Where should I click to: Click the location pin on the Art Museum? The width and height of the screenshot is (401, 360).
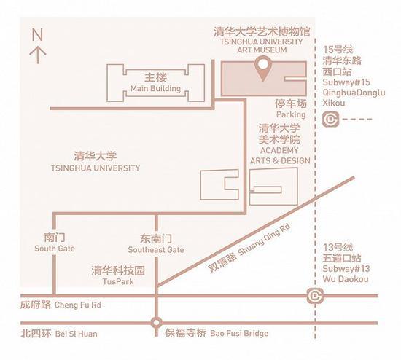click(263, 67)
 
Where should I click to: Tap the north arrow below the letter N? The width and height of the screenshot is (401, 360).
click(38, 55)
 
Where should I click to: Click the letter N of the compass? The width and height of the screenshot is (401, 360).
click(37, 34)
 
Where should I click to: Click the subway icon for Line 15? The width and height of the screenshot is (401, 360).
click(330, 119)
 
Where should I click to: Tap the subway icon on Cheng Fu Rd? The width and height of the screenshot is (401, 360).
click(315, 296)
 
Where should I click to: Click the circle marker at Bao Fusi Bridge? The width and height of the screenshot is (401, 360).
click(156, 323)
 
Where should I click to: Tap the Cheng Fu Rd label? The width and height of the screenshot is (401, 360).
click(78, 305)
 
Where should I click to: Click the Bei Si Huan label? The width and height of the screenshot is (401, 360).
click(77, 334)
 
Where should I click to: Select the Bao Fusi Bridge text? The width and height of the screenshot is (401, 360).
click(239, 334)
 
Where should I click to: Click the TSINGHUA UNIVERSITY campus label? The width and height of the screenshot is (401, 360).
click(96, 168)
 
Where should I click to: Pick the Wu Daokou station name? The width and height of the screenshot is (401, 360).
click(346, 279)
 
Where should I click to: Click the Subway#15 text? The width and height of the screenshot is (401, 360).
click(346, 82)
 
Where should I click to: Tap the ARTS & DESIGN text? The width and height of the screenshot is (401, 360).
click(280, 161)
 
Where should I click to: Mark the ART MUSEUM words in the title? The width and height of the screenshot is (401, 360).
click(262, 50)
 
